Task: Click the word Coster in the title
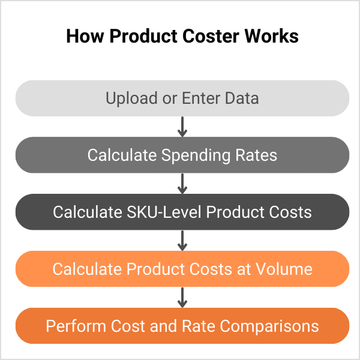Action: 211,36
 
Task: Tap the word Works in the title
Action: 272,36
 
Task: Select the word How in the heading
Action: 85,36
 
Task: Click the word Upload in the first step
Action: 131,99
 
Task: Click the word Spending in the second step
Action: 196,155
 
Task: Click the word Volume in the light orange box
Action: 284,269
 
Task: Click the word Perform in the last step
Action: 76,326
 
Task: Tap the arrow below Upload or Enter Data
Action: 182,127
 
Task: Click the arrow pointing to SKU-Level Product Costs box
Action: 182,184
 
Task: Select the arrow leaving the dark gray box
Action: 182,241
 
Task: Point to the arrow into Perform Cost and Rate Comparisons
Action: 182,298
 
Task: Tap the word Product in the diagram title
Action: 143,36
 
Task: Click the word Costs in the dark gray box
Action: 290,212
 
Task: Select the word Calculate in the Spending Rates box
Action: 122,155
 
